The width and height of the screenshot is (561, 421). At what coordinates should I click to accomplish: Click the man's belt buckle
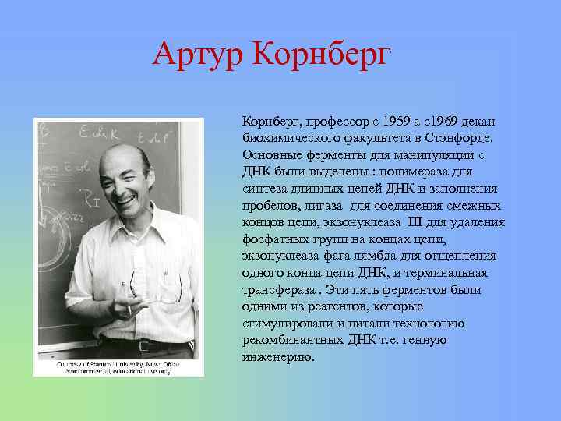tap(143, 345)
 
